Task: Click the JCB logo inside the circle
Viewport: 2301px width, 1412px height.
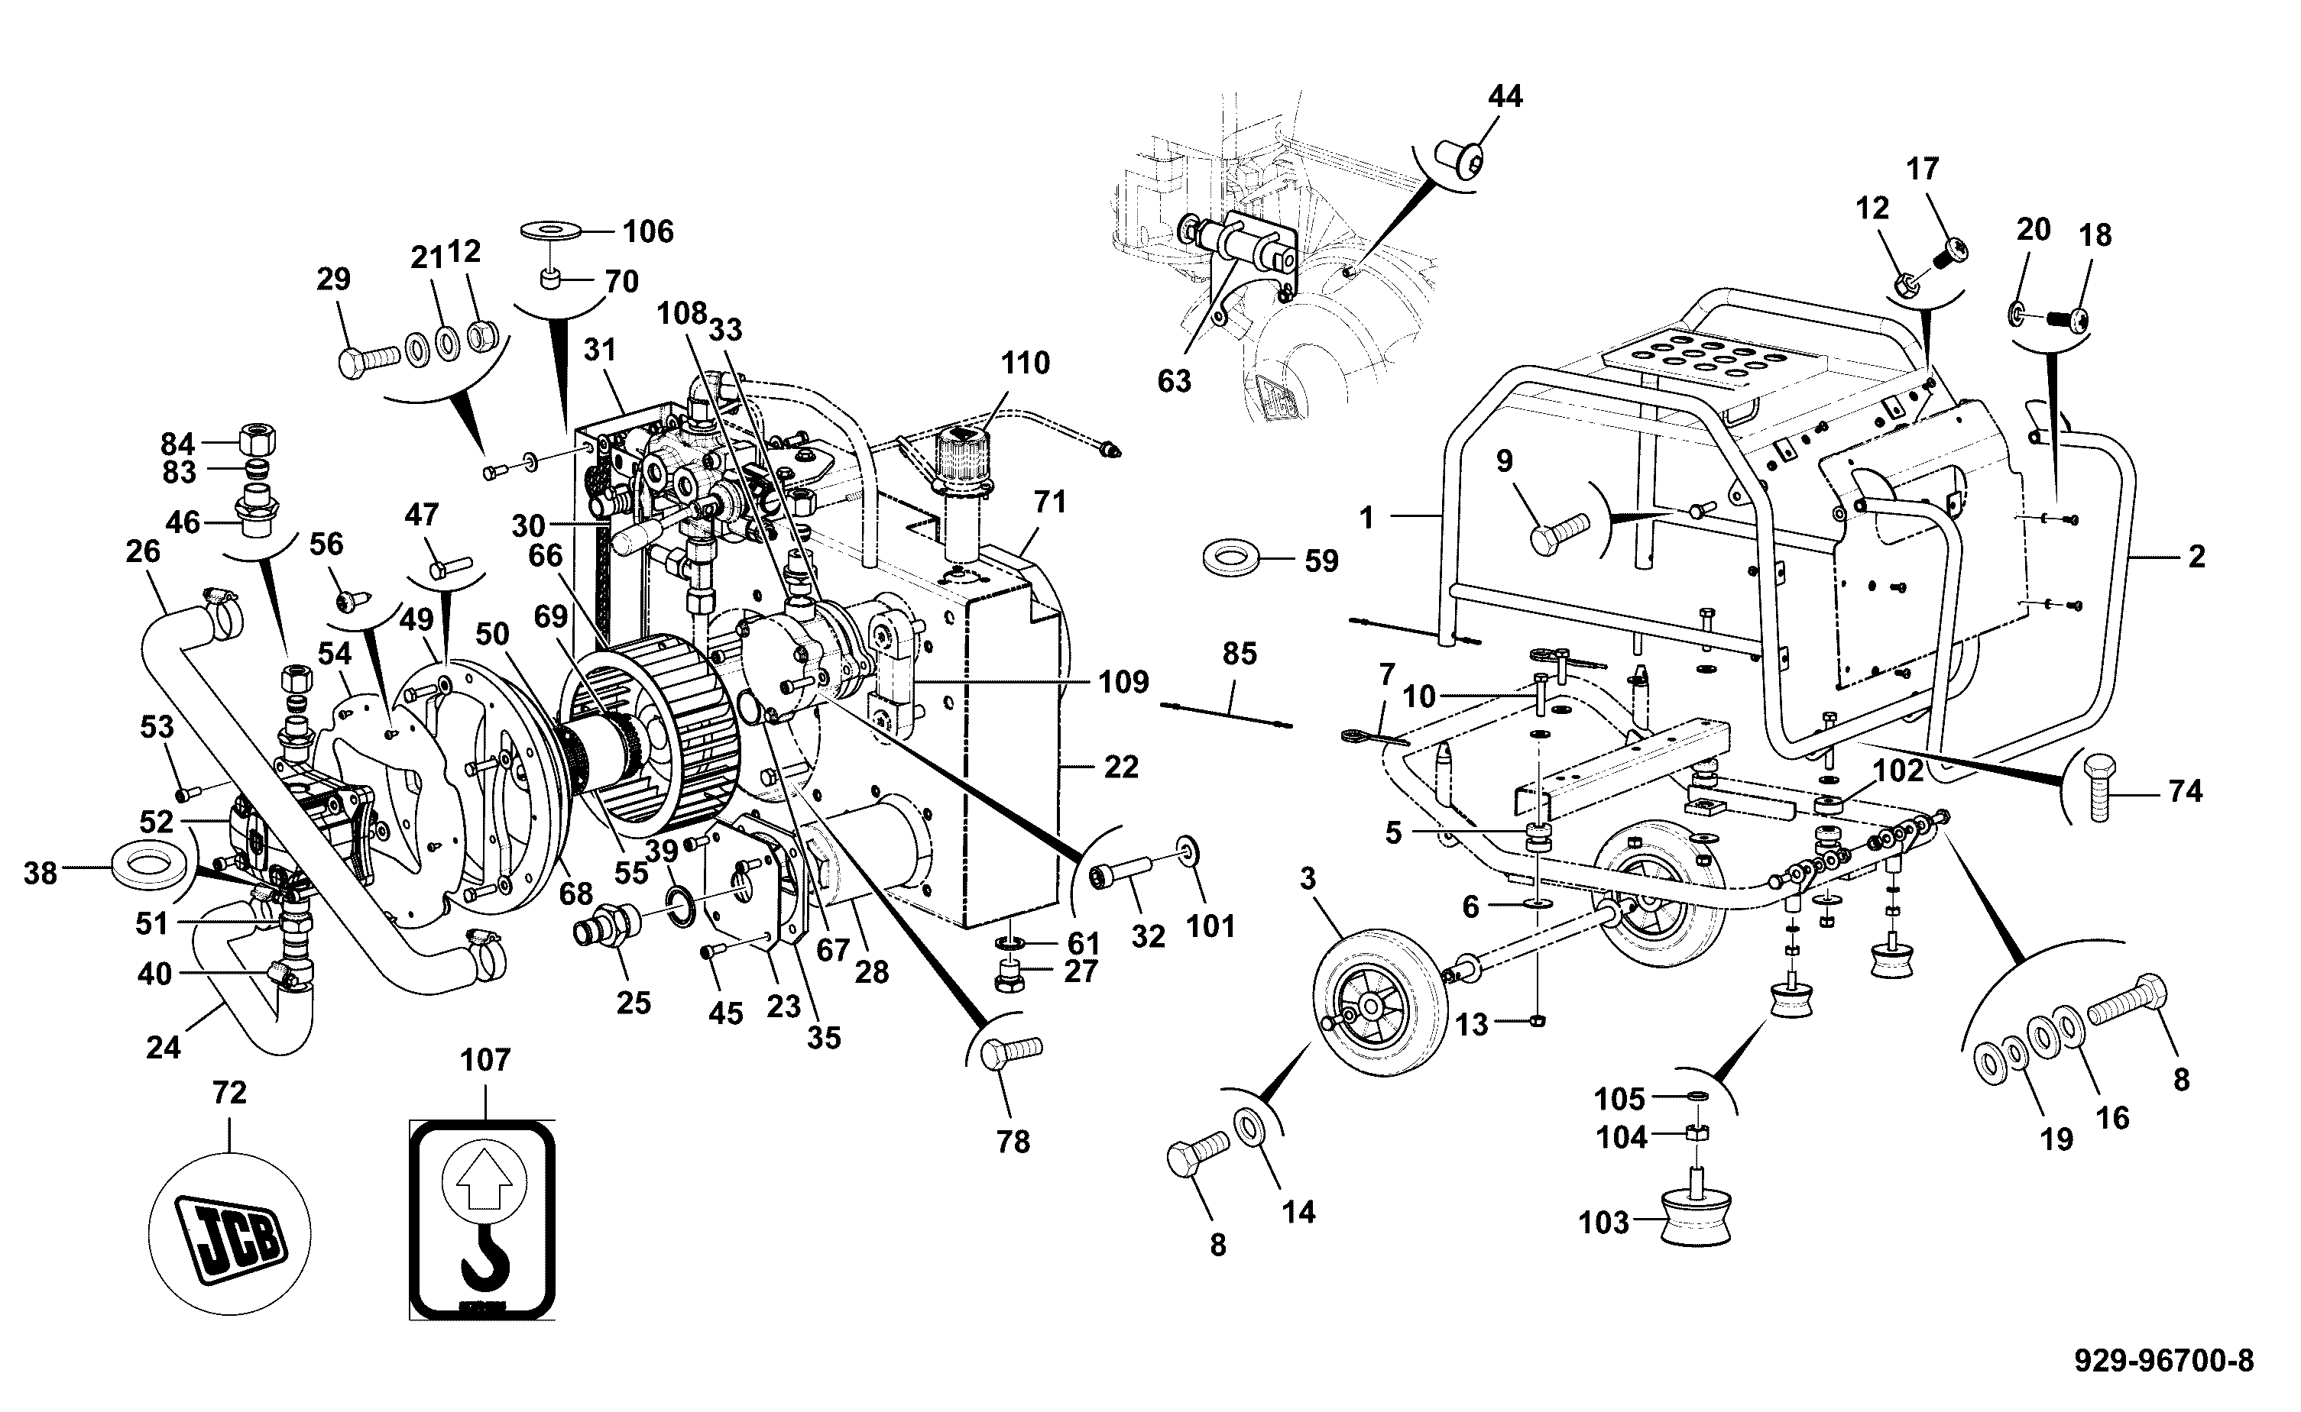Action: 230,1232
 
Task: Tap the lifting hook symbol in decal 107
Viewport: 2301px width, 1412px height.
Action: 486,1257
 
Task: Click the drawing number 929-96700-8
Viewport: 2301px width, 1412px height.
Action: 2163,1360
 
